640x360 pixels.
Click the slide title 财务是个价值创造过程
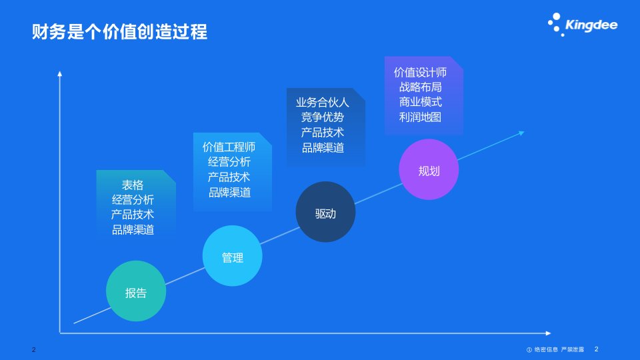[x=119, y=31]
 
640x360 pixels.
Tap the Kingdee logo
[x=583, y=25]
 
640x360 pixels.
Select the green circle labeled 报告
[x=136, y=291]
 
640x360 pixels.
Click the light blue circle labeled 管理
[x=232, y=256]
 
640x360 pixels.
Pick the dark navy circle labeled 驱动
[x=325, y=212]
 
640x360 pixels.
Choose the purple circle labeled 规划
[x=429, y=169]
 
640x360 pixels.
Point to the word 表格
[x=133, y=185]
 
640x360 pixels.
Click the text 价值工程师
[x=229, y=147]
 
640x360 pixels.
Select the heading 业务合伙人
[x=323, y=103]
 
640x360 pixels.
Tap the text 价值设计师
[x=420, y=72]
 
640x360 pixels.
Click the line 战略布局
[x=420, y=87]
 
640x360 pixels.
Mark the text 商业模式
[x=420, y=102]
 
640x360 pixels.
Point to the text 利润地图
[x=420, y=117]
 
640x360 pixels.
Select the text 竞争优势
[x=323, y=117]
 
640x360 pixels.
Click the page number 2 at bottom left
[x=34, y=349]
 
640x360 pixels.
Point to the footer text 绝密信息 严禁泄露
[x=559, y=349]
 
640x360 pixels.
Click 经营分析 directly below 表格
[x=133, y=199]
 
